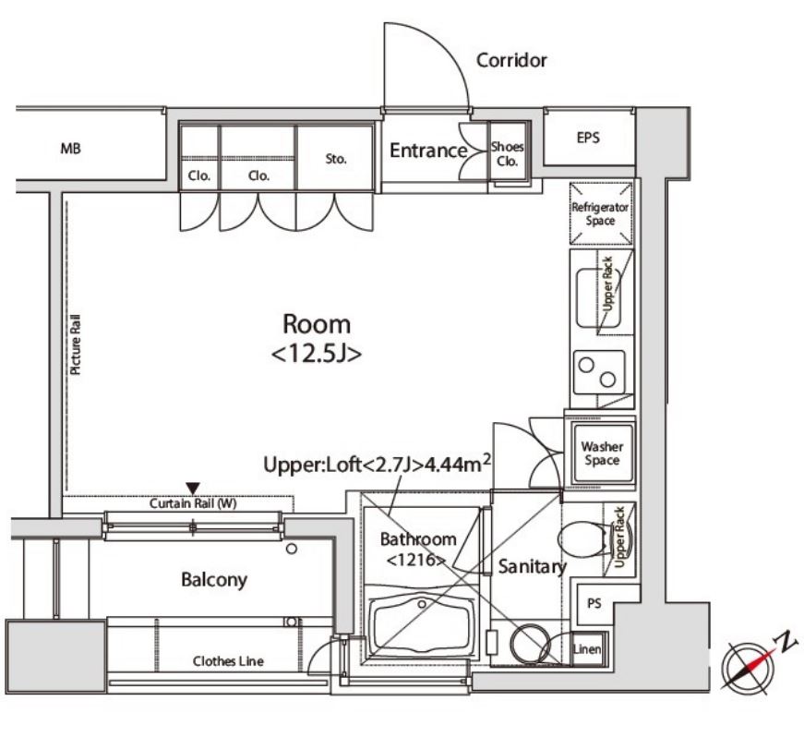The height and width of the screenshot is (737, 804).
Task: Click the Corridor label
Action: [511, 61]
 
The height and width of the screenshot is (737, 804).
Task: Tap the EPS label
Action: [588, 138]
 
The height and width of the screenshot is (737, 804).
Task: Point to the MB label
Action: [71, 149]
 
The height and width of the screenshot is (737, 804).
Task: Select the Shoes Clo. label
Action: [507, 154]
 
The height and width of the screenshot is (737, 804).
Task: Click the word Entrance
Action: [428, 151]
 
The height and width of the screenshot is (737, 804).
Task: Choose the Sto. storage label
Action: [336, 159]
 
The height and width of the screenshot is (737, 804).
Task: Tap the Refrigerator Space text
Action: [600, 214]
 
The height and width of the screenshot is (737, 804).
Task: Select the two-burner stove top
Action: [599, 372]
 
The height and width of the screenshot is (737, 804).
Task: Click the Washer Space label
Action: [602, 453]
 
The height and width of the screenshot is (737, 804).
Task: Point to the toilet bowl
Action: [582, 539]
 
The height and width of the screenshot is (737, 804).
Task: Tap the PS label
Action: [594, 603]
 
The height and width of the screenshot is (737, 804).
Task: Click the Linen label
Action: [587, 649]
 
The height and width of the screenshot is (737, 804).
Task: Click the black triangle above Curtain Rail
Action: [193, 489]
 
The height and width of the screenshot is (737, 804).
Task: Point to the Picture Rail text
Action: [76, 344]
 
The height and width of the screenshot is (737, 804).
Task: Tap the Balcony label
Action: [214, 580]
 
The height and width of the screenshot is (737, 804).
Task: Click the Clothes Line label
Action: [228, 661]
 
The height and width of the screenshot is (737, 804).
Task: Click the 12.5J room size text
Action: [317, 354]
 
